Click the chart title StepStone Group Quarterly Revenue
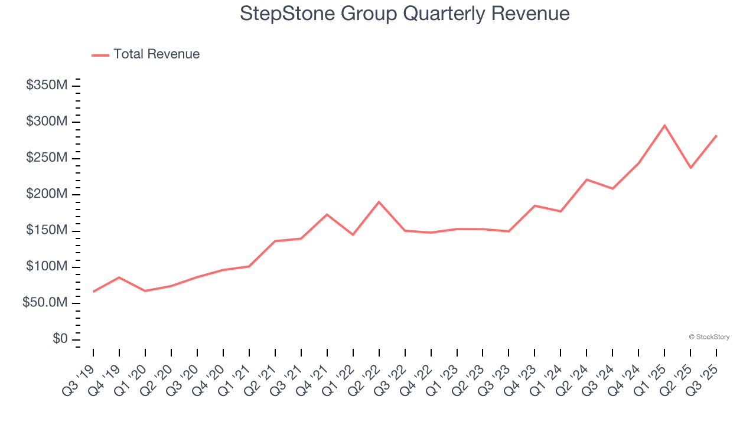pyautogui.click(x=405, y=14)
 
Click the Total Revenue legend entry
pyautogui.click(x=146, y=54)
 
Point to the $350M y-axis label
pyautogui.click(x=47, y=86)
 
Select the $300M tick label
pyautogui.click(x=47, y=122)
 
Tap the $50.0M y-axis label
pyautogui.click(x=45, y=303)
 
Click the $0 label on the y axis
pyautogui.click(x=60, y=339)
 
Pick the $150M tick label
pyautogui.click(x=47, y=230)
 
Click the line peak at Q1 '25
pyautogui.click(x=664, y=125)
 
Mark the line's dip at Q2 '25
pyautogui.click(x=690, y=168)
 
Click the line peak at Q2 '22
pyautogui.click(x=379, y=202)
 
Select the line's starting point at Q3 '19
pyautogui.click(x=93, y=292)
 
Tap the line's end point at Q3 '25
pyautogui.click(x=716, y=136)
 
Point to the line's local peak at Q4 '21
pyautogui.click(x=327, y=214)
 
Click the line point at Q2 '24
pyautogui.click(x=586, y=179)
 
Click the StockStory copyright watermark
pyautogui.click(x=709, y=337)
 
